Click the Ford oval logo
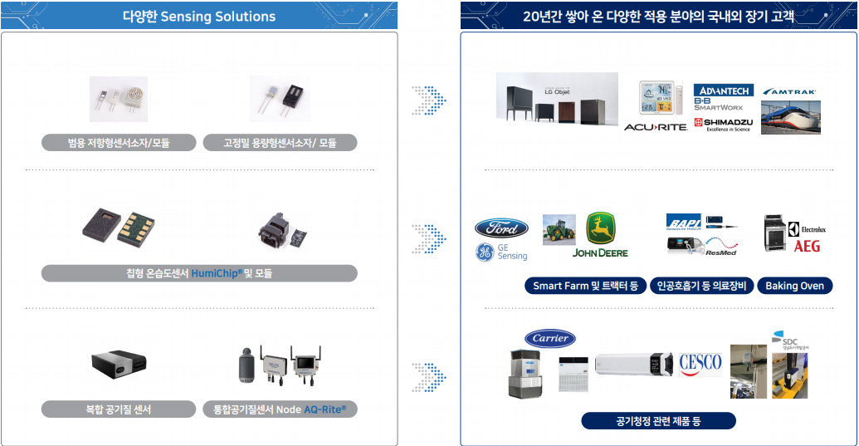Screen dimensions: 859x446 [x=501, y=228]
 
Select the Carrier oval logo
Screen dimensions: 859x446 [x=549, y=338]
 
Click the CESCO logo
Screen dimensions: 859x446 [x=700, y=363]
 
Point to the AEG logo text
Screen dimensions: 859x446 [x=807, y=247]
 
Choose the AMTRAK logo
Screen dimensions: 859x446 [x=789, y=91]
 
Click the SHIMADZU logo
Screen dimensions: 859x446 [x=723, y=125]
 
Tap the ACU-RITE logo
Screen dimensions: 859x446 [x=656, y=127]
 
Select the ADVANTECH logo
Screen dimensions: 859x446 [x=724, y=90]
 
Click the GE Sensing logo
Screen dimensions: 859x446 [x=501, y=252]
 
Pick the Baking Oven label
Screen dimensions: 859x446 [x=794, y=286]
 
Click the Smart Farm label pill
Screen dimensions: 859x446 [x=585, y=286]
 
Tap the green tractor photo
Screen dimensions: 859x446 [x=559, y=229]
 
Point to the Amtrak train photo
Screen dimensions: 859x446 [x=790, y=116]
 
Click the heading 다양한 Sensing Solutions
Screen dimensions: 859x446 [x=198, y=16]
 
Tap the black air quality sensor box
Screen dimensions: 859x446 [x=119, y=362]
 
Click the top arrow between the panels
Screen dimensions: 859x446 [x=429, y=100]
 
